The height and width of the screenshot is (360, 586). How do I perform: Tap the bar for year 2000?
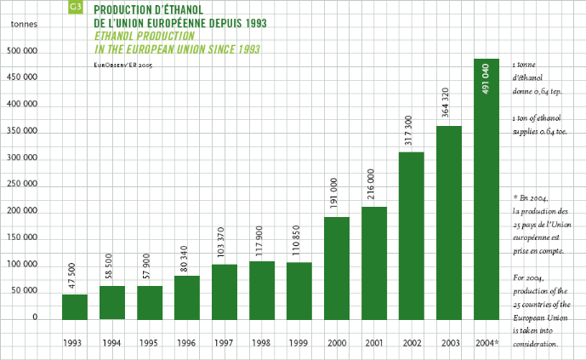pyautogui.click(x=337, y=268)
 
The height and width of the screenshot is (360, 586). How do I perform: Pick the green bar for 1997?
pyautogui.click(x=225, y=292)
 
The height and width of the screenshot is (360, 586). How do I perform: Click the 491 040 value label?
pyautogui.click(x=486, y=78)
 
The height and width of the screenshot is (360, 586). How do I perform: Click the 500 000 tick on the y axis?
pyautogui.click(x=24, y=51)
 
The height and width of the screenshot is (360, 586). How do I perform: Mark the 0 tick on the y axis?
pyautogui.click(x=35, y=317)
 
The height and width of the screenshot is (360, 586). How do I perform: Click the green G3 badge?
pyautogui.click(x=75, y=9)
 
